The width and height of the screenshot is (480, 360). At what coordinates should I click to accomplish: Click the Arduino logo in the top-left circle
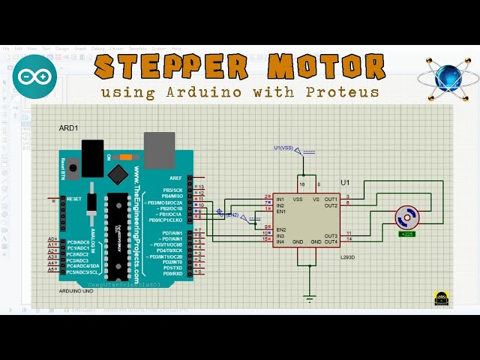tap(34, 76)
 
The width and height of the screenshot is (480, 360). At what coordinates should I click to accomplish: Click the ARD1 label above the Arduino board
tap(69, 128)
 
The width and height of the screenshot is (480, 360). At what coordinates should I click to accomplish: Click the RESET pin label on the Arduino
tap(74, 199)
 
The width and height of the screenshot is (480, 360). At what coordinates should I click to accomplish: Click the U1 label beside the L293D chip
tap(345, 182)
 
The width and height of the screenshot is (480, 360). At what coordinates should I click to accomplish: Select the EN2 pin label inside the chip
tap(281, 229)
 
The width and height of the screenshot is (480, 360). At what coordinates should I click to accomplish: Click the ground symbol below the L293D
tap(310, 298)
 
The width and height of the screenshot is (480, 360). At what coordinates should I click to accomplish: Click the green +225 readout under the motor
tap(407, 234)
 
